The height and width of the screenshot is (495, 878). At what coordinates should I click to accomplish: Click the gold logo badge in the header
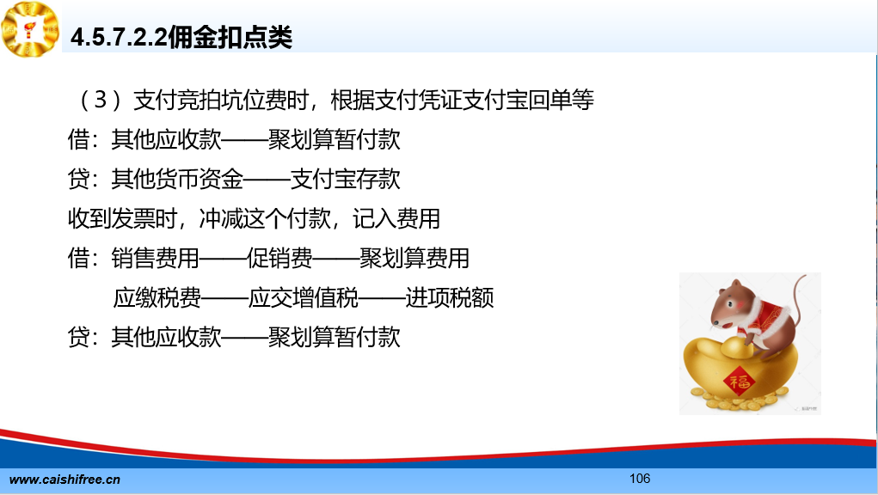pyautogui.click(x=30, y=29)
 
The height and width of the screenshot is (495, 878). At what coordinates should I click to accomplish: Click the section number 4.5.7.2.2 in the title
pyautogui.click(x=119, y=38)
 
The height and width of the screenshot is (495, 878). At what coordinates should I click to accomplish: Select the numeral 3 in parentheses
pyautogui.click(x=101, y=101)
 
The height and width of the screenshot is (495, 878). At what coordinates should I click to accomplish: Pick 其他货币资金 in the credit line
pyautogui.click(x=177, y=179)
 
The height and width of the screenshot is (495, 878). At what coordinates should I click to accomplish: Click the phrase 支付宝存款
pyautogui.click(x=346, y=179)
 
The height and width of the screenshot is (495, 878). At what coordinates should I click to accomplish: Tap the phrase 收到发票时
pyautogui.click(x=123, y=218)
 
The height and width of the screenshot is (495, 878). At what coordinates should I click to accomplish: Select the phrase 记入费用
pyautogui.click(x=396, y=218)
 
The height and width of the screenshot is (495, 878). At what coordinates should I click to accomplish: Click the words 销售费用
pyautogui.click(x=155, y=258)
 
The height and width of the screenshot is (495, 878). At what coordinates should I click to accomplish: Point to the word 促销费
pyautogui.click(x=279, y=258)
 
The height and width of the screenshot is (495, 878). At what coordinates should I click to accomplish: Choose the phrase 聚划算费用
pyautogui.click(x=414, y=258)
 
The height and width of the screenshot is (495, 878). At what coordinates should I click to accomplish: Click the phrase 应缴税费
pyautogui.click(x=157, y=297)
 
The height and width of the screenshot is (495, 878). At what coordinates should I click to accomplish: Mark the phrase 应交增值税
pyautogui.click(x=304, y=297)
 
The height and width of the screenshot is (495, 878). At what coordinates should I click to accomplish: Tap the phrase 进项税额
pyautogui.click(x=450, y=297)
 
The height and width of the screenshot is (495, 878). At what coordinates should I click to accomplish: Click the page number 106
pyautogui.click(x=640, y=478)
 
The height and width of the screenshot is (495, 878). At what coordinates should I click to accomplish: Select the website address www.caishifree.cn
pyautogui.click(x=65, y=480)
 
